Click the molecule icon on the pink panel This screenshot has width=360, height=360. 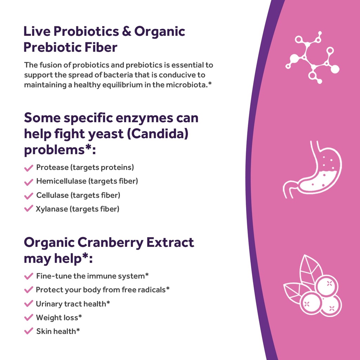coord(312,58)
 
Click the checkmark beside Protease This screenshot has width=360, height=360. coord(29,168)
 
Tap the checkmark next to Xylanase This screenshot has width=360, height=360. coord(29,209)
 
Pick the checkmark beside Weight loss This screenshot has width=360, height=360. coord(29,318)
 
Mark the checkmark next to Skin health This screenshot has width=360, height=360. coord(29,331)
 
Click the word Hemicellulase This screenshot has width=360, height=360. coord(61,181)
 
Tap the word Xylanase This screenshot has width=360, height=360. coord(51,209)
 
